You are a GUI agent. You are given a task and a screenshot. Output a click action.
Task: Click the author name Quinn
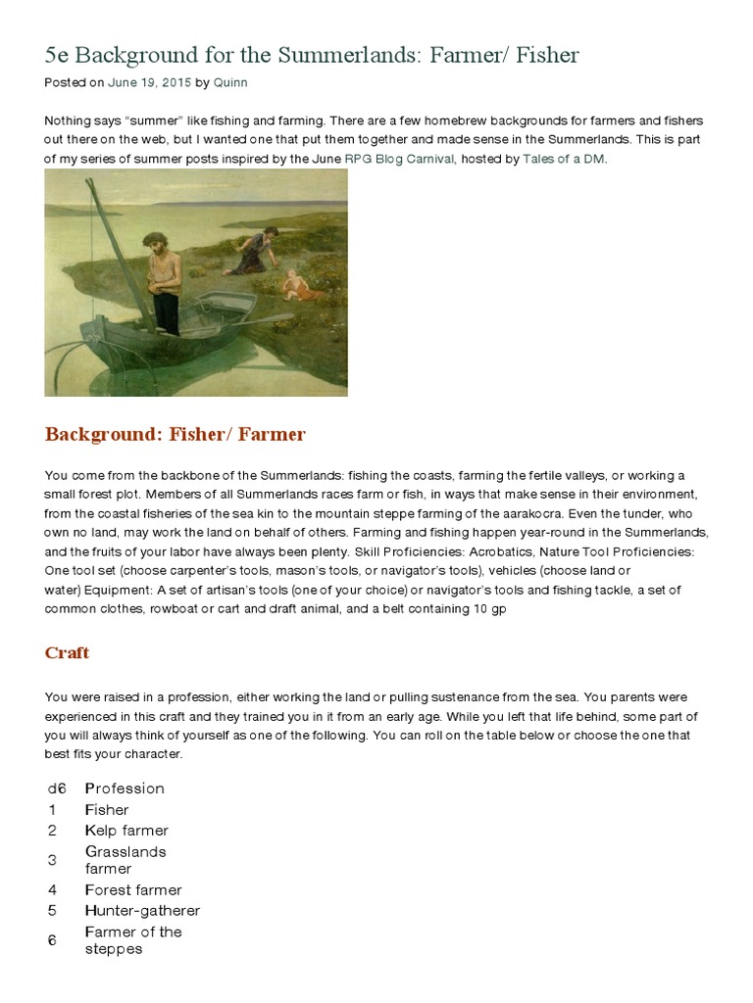231,83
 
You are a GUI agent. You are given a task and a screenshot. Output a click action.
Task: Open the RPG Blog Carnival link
399,158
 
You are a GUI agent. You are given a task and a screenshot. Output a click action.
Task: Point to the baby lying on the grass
294,285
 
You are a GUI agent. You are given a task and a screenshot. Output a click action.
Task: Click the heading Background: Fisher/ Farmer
176,434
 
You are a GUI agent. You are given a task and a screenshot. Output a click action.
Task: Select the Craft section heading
67,653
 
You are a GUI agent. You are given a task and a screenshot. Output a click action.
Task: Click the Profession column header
125,788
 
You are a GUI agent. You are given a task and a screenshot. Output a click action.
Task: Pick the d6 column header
56,788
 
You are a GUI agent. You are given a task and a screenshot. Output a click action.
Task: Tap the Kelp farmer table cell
126,831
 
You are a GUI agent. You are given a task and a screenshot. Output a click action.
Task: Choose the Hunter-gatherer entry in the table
142,911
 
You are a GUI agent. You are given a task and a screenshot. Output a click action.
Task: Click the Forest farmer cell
133,890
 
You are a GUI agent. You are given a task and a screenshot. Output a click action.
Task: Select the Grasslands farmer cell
125,860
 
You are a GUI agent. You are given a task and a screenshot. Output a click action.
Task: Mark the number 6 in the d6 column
51,940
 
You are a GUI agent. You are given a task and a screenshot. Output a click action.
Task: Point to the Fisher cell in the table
107,810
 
